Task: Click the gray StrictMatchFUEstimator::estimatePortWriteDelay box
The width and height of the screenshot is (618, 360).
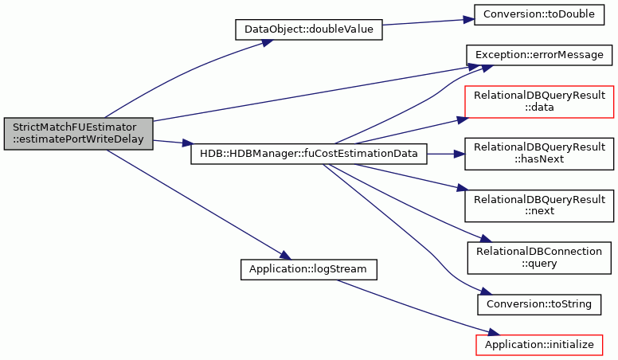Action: [x=78, y=134]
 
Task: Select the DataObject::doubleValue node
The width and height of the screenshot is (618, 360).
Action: [x=309, y=29]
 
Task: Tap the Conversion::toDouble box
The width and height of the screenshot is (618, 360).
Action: [x=539, y=14]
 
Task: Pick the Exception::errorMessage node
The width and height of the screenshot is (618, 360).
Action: [x=539, y=55]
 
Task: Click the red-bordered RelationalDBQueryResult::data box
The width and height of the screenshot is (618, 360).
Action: [x=539, y=102]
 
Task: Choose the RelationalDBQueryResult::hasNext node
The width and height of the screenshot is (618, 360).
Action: [x=539, y=154]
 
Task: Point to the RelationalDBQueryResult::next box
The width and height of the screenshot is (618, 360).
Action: [x=539, y=205]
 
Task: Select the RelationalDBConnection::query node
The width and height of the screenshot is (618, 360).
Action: [x=539, y=258]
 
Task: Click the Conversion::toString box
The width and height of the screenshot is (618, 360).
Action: [x=539, y=304]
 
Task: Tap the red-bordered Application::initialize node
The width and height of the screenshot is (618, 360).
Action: [x=539, y=345]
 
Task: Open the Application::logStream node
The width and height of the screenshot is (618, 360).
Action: [x=309, y=270]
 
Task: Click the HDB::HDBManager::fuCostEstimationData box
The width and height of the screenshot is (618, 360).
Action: [x=309, y=154]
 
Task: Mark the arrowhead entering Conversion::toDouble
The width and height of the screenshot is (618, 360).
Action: [x=468, y=20]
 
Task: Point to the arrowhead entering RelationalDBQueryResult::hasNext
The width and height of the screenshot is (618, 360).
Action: [x=460, y=154]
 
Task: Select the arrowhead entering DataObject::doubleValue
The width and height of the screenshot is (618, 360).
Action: [x=268, y=41]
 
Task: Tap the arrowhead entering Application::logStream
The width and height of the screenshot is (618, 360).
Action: [x=286, y=256]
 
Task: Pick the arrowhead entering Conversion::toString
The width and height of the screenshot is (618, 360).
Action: [x=487, y=292]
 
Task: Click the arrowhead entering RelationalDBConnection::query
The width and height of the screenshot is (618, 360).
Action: [x=486, y=239]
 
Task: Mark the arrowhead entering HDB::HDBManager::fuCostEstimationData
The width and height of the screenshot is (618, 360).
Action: [x=189, y=143]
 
